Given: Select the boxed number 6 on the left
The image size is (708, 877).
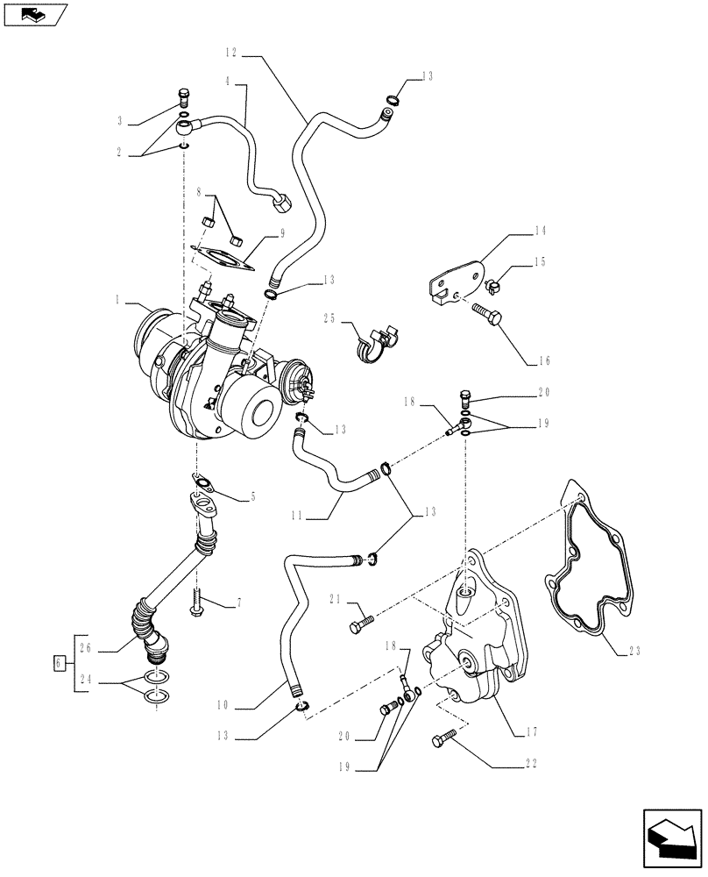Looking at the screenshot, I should click(x=60, y=663).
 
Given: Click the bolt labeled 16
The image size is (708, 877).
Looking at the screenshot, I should click(x=487, y=314).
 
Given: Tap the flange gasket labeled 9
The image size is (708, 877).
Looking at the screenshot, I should click(x=217, y=257).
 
